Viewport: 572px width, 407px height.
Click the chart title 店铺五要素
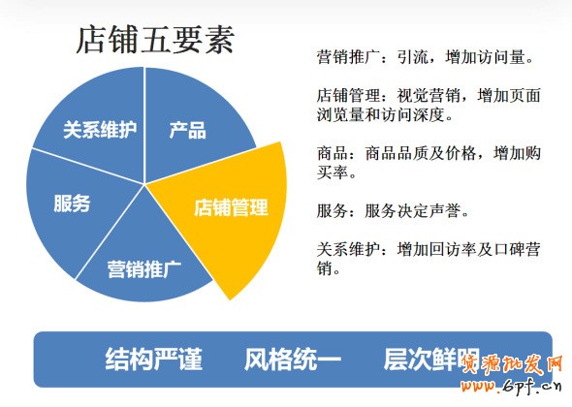[x=154, y=41]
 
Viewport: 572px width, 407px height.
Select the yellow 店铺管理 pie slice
[x=228, y=218]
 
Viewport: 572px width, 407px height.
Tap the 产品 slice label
[x=187, y=130]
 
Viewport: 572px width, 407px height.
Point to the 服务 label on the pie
[x=72, y=203]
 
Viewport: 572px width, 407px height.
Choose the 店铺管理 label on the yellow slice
[x=231, y=207]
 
